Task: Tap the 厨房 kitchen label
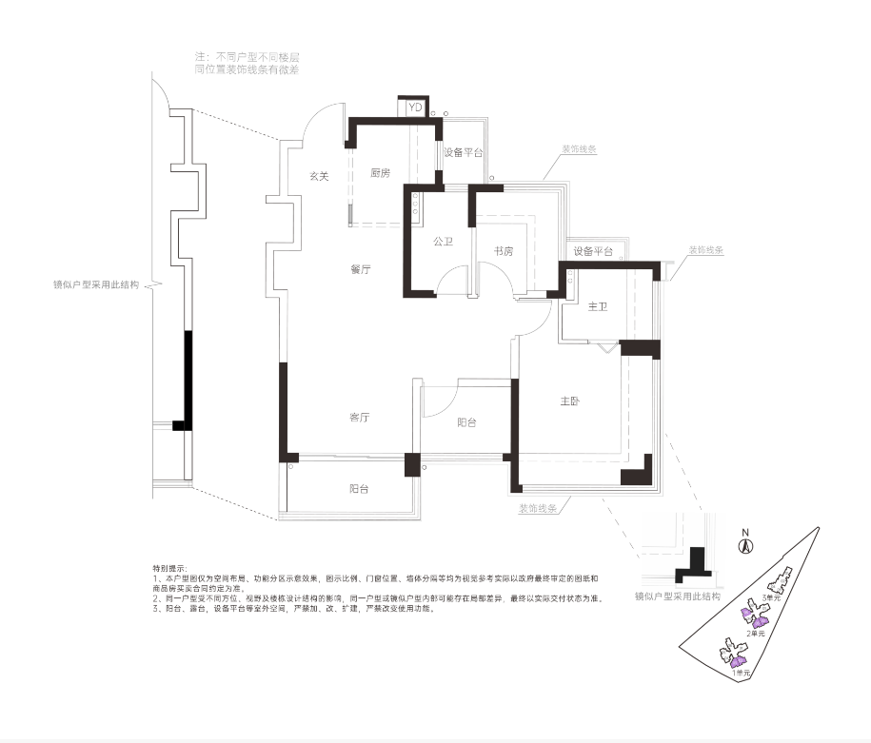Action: coord(381,172)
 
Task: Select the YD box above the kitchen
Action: coord(414,108)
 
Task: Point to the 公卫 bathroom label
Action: coord(443,242)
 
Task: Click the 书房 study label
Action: coord(504,251)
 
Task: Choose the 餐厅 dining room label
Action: coord(360,269)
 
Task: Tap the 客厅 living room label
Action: coord(360,418)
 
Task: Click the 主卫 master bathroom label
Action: coord(598,306)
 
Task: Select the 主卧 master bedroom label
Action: coord(570,401)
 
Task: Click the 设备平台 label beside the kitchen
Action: coord(464,152)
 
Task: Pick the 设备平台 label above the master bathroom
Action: coord(593,251)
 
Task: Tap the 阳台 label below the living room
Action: coord(359,488)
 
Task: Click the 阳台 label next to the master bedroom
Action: coord(466,422)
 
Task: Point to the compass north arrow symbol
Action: coord(747,545)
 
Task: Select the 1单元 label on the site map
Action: coord(742,673)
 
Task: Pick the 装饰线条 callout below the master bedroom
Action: coord(538,509)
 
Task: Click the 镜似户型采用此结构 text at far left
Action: coord(98,284)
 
